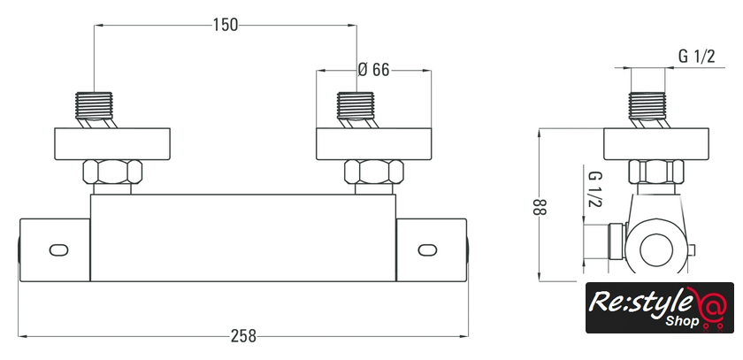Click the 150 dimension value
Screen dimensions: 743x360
(x=225, y=25)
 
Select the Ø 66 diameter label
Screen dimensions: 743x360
(x=373, y=70)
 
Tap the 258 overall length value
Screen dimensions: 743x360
(x=243, y=336)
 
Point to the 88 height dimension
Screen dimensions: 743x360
(x=540, y=207)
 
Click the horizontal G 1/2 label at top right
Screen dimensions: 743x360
(x=697, y=57)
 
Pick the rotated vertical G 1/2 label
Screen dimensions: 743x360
(x=594, y=189)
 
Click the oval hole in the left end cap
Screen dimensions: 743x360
(x=58, y=249)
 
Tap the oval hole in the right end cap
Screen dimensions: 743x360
(x=427, y=249)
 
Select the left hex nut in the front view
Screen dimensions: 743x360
(x=113, y=172)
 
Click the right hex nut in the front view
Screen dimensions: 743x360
(x=374, y=172)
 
